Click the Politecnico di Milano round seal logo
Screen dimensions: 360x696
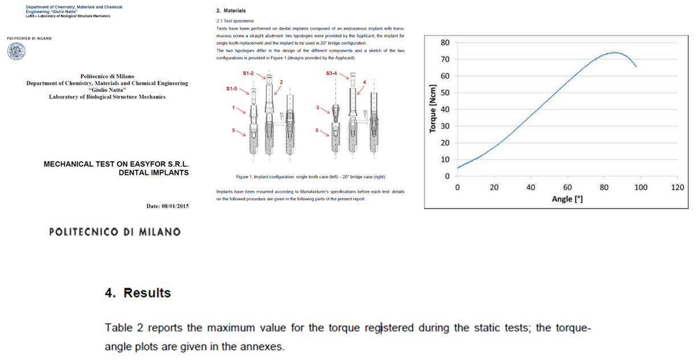[x=16, y=51]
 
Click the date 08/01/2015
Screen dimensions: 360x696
[x=174, y=206]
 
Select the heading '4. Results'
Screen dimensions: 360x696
[x=138, y=293]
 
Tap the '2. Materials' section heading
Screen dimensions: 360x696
[x=231, y=11]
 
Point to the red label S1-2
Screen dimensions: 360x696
[x=249, y=73]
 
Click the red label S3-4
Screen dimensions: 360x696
[x=332, y=73]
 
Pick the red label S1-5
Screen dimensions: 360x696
[x=232, y=89]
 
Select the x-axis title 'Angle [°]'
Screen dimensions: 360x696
[x=567, y=199]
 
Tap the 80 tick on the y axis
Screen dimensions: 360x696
[x=445, y=43]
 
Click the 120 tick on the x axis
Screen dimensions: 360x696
[x=677, y=187]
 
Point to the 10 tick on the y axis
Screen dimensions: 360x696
[x=445, y=159]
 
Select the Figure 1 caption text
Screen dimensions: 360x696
[x=310, y=177]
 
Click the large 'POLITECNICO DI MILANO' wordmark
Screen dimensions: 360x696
[x=114, y=232]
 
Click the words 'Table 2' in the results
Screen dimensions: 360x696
[x=124, y=328]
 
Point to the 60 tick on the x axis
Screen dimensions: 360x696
[x=567, y=187]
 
